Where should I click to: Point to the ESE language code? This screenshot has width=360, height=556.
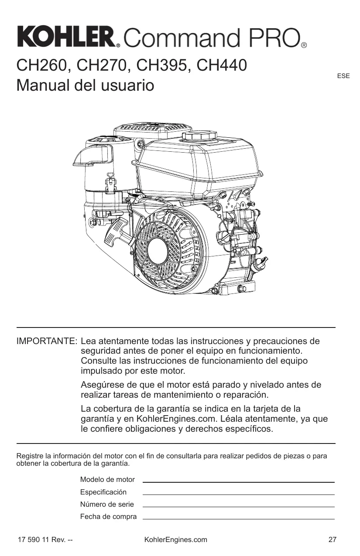pos(343,76)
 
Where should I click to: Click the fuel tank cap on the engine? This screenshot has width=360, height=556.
pos(200,135)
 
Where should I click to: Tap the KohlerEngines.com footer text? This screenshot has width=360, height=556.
pos(175,539)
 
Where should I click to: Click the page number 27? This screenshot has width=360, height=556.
pos(332,539)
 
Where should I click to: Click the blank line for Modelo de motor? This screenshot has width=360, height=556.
pos(238,481)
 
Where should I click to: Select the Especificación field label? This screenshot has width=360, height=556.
pos(103,492)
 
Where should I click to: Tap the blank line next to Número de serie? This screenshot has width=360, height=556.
pos(238,506)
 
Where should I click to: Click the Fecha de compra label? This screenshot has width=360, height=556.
pos(108,517)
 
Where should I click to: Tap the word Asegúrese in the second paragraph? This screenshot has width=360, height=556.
pos(103,385)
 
